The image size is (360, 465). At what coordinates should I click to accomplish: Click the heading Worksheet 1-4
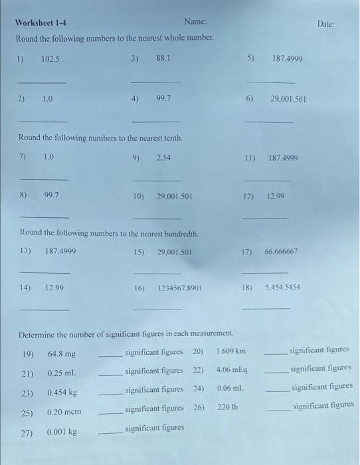[x=41, y=23]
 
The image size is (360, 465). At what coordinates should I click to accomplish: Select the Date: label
[x=326, y=24]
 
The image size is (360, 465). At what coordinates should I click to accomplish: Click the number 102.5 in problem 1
[x=50, y=58]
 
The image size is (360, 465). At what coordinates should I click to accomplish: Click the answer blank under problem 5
[x=271, y=82]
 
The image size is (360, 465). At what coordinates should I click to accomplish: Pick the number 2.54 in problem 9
[x=164, y=158]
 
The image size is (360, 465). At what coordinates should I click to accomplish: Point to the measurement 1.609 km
[x=231, y=351]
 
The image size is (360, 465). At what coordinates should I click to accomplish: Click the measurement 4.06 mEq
[x=232, y=369]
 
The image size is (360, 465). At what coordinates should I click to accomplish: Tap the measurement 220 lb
[x=227, y=407]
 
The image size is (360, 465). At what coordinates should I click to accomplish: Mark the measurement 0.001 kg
[x=62, y=432]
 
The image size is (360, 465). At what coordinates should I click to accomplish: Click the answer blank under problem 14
[x=45, y=310]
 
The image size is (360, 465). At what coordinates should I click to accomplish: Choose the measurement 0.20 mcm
[x=64, y=412]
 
